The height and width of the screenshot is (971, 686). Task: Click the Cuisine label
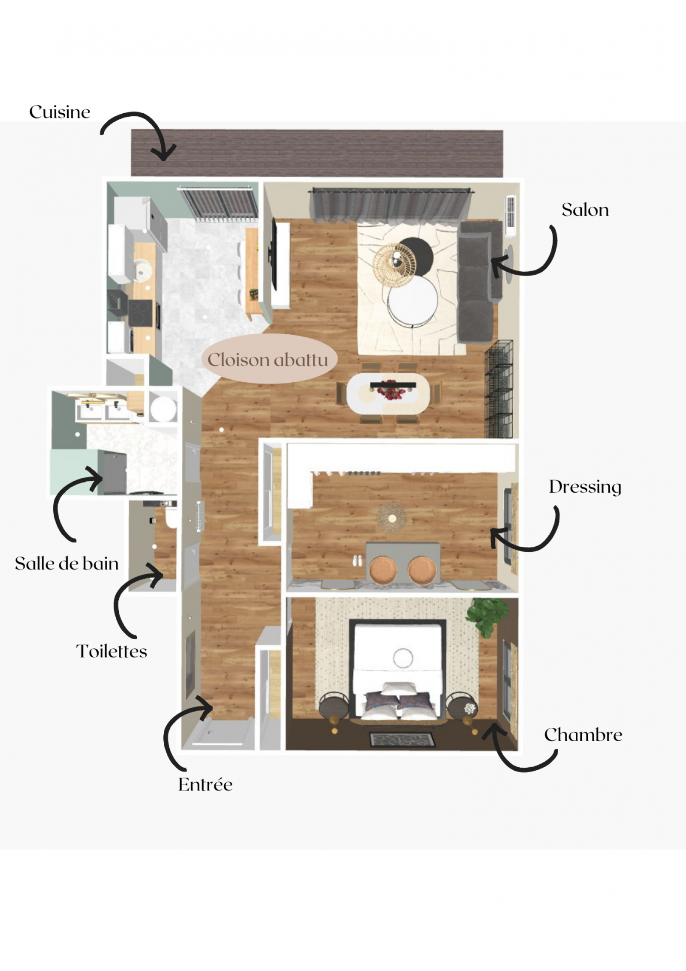[60, 112]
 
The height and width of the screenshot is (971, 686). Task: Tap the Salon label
[585, 210]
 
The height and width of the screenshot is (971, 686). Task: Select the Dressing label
[585, 487]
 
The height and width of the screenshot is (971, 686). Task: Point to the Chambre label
[583, 735]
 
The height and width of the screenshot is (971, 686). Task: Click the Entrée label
[205, 785]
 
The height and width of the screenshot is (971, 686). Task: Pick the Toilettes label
[112, 651]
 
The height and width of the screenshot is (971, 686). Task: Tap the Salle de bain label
[67, 564]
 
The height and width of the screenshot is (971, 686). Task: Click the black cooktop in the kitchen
[140, 314]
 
